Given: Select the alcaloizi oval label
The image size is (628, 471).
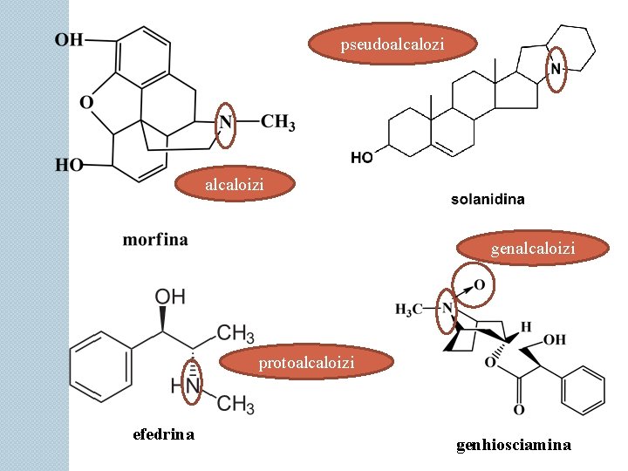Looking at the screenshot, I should pos(235,185).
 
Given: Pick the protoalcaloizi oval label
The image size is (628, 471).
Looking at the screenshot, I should pos(305,362).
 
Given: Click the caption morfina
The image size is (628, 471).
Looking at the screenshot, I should pos(154,239).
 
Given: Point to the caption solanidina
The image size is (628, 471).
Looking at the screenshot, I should pos(488,200).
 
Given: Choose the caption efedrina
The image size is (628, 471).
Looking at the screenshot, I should pos(163,434).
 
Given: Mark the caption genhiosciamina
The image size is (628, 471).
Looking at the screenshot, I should pos(513,445).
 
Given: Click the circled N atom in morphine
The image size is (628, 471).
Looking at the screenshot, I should pos(226,122).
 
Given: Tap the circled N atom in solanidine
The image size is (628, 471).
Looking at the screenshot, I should pos(555,69).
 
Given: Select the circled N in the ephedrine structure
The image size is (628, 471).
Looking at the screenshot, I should pos(194,384).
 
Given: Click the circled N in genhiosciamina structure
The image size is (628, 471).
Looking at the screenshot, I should pos(447,308).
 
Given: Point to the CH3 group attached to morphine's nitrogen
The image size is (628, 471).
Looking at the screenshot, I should pos(277,122).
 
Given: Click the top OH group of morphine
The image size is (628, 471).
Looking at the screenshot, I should pos(69,39).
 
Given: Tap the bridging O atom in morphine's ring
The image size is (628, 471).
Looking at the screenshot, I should pos(86,103).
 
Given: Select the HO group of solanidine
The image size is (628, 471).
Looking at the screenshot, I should pos(362,158).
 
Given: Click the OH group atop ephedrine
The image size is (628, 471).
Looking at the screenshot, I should pos(169,297).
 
